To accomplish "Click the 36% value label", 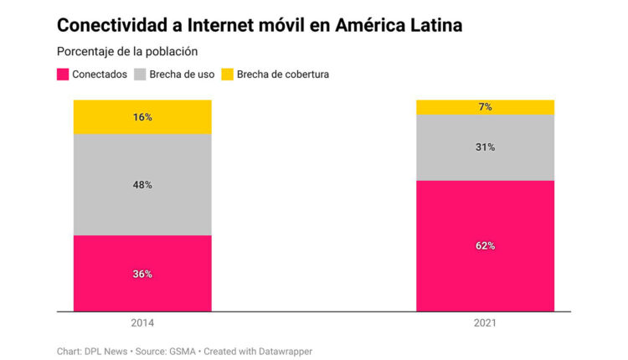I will [x=142, y=274].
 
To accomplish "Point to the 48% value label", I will [x=142, y=185].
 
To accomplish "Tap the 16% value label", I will [x=142, y=117].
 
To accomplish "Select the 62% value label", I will [x=486, y=246].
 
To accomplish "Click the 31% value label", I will [x=486, y=147].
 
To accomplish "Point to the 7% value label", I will [x=486, y=107].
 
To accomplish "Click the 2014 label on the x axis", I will [x=142, y=322].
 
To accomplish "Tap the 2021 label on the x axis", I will [x=486, y=322].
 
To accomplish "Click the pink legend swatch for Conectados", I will [x=63, y=75].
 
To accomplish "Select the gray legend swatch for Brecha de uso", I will [x=140, y=75].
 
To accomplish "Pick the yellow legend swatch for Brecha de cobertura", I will [x=228, y=75].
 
